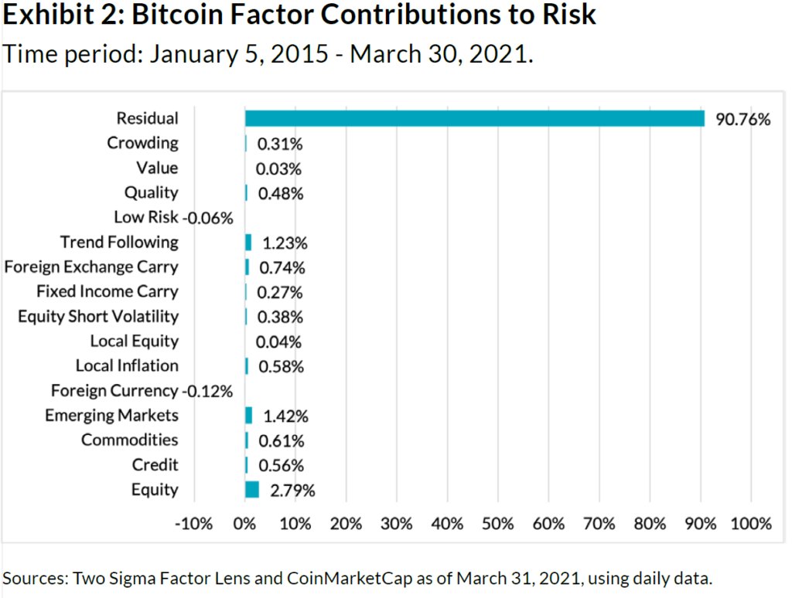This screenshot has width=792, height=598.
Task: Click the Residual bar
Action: [474, 118]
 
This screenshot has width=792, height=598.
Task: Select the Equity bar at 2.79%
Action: [251, 490]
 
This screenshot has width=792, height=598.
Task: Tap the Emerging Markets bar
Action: [248, 416]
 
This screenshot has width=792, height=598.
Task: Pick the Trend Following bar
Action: [247, 243]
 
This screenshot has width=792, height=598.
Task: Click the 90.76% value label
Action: [742, 119]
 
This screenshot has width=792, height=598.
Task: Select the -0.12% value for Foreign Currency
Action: [207, 391]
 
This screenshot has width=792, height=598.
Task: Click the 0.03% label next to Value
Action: [279, 168]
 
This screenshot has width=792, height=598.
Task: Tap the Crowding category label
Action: [142, 143]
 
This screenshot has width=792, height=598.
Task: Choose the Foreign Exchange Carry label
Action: [91, 267]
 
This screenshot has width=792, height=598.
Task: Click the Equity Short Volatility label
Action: [98, 316]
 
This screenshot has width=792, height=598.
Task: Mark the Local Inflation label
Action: [127, 365]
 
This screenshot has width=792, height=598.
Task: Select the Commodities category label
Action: [129, 440]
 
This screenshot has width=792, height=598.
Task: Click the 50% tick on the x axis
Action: [497, 524]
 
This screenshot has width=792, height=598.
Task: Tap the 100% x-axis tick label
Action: [750, 524]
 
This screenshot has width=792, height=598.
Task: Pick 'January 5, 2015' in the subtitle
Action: [228, 55]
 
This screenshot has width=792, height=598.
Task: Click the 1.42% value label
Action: [285, 416]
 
